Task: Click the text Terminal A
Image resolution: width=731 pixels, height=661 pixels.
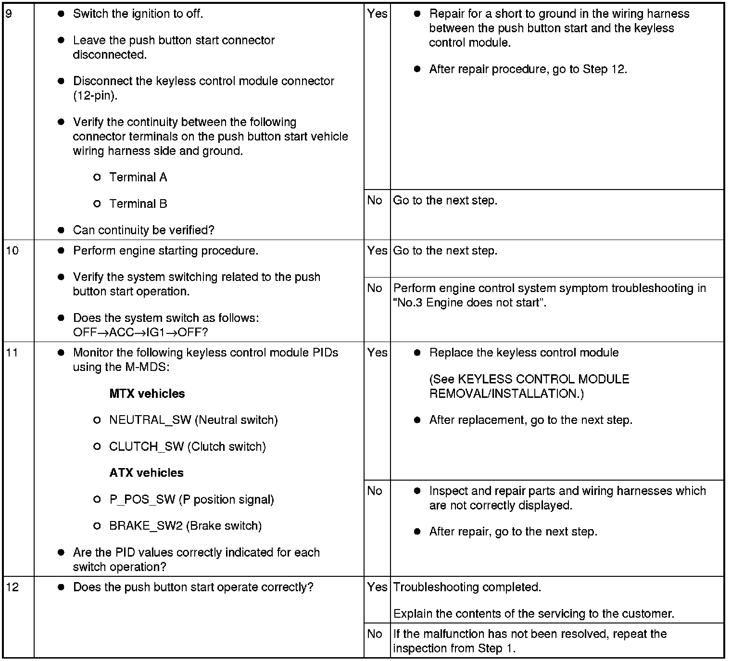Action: coord(138,178)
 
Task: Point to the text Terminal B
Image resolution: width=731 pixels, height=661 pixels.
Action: coord(138,204)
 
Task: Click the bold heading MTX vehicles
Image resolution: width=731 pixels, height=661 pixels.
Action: coord(147,394)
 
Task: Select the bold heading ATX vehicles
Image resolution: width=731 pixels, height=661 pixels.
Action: coord(146,473)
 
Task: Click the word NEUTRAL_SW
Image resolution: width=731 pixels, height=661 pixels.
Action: coord(150,420)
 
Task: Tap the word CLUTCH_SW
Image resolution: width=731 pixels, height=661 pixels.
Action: coord(146,447)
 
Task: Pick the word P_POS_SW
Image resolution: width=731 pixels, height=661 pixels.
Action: coord(142,500)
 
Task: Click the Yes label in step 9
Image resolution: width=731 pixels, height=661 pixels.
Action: coord(377,14)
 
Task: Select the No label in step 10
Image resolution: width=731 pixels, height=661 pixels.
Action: coord(375,288)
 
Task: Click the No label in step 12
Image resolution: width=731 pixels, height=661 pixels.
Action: coord(375,634)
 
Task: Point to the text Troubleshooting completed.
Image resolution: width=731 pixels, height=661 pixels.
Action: coord(467,587)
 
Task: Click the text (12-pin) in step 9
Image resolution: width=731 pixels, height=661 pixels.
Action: coord(95,96)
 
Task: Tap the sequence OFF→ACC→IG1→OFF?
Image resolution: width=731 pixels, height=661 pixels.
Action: coord(140,332)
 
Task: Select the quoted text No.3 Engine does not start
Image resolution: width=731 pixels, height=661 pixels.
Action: coord(469,303)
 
